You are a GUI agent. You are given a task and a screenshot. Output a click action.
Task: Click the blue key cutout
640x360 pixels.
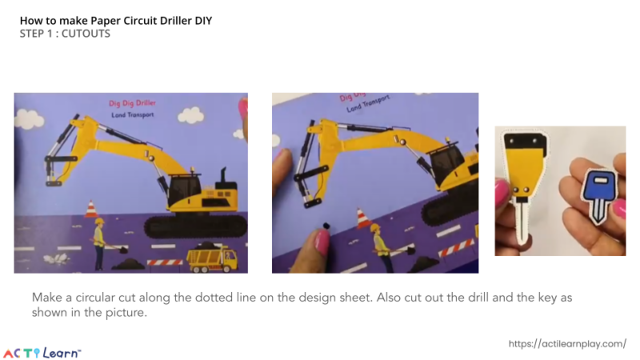596,190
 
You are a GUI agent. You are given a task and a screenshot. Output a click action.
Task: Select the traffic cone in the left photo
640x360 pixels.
90,210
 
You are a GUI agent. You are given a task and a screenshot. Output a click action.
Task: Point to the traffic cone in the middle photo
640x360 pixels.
363,218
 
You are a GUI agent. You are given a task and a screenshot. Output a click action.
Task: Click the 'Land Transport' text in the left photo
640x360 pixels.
133,115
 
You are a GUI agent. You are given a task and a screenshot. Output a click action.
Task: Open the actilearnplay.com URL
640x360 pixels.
567,343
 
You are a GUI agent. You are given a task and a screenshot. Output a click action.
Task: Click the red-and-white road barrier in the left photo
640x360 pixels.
165,262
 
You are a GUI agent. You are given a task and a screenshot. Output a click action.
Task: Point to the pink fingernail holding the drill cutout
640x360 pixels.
502,194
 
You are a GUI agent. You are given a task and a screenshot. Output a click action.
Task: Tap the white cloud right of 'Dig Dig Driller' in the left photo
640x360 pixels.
190,117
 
